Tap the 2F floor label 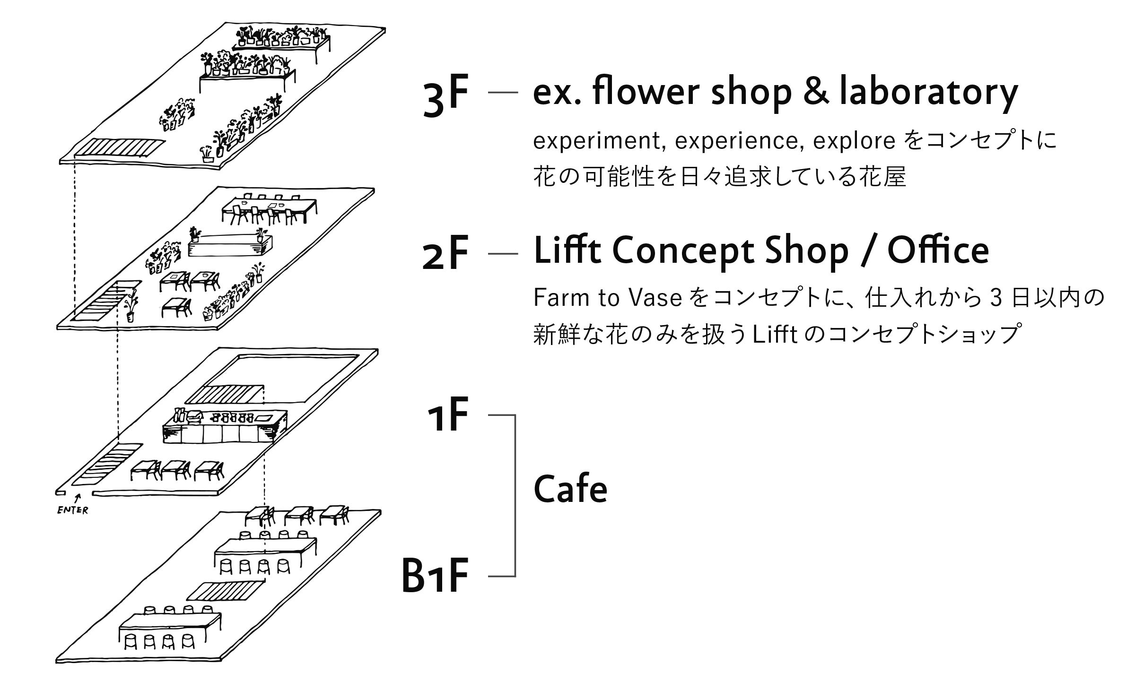pos(445,254)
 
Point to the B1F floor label pos(435,575)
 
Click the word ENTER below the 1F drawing pos(72,510)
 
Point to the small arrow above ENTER pos(78,498)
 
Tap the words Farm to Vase pos(607,298)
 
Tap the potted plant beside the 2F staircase pos(131,307)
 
